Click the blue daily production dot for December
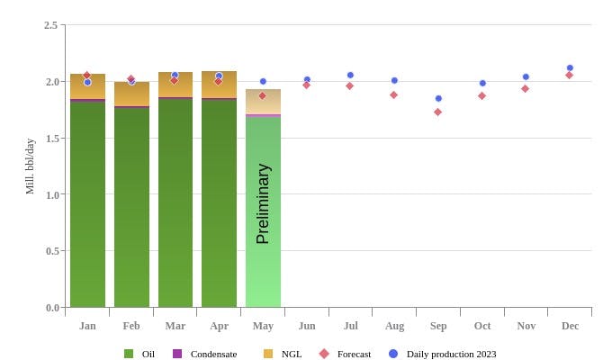click(x=570, y=67)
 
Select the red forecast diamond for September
click(x=437, y=112)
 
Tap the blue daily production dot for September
click(x=438, y=98)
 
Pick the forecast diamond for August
click(x=393, y=94)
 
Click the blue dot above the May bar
click(x=263, y=81)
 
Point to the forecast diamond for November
click(x=525, y=88)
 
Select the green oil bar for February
click(x=131, y=207)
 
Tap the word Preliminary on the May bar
click(x=263, y=203)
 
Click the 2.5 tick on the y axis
click(x=51, y=25)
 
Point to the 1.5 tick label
click(x=51, y=138)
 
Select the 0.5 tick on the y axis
click(x=51, y=251)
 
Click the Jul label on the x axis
click(x=350, y=326)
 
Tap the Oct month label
click(x=482, y=326)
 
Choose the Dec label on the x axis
click(x=570, y=326)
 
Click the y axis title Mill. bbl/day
click(x=30, y=166)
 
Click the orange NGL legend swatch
click(x=268, y=354)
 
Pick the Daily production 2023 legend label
click(x=451, y=354)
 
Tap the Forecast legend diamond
click(x=324, y=354)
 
